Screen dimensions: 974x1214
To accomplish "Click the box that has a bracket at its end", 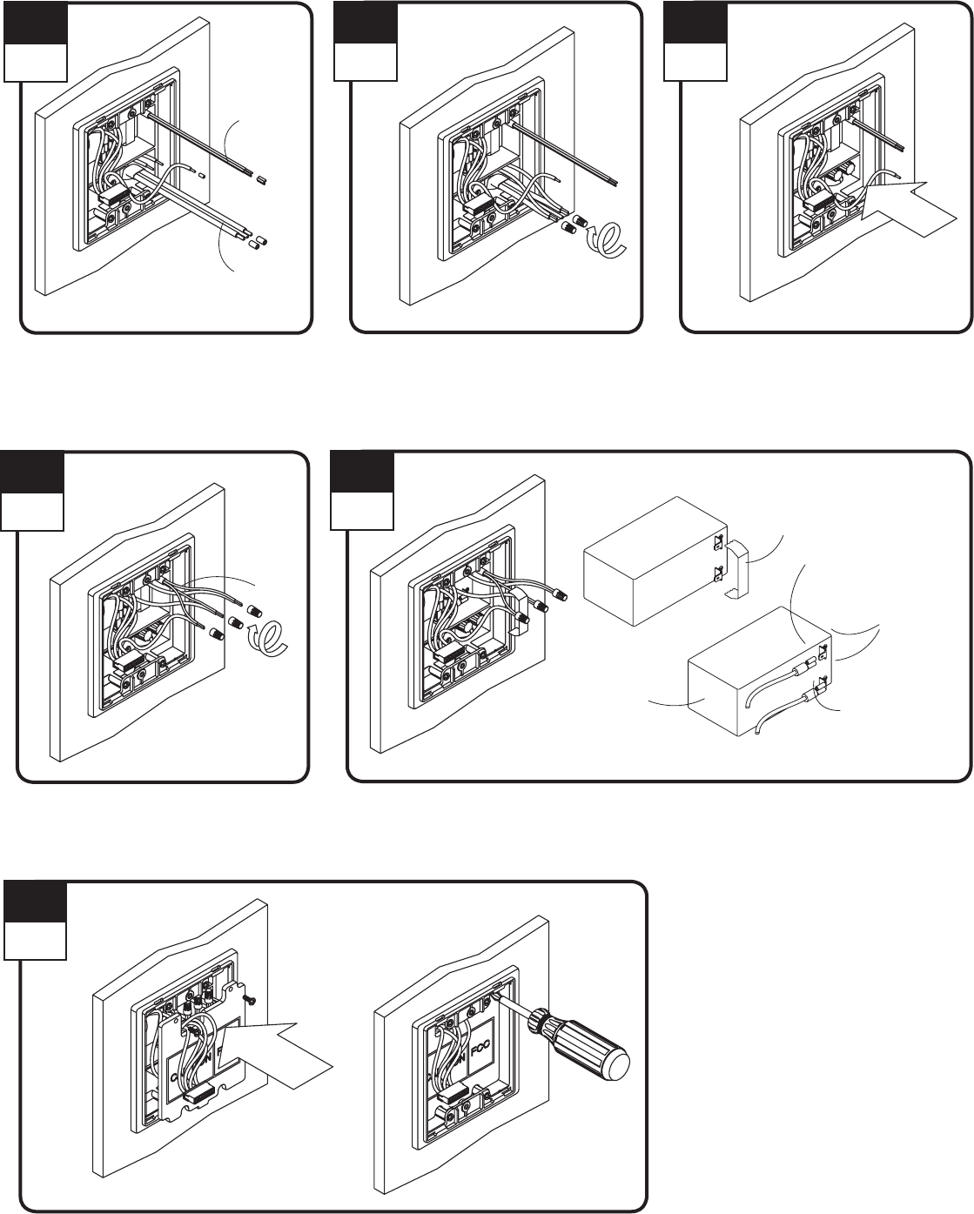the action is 653,561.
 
